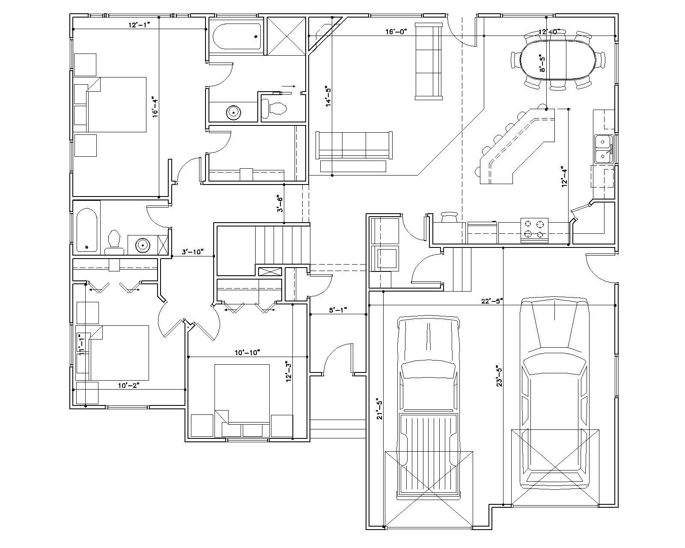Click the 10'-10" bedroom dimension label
[247, 352]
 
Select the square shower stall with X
[286, 36]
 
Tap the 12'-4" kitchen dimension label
[565, 176]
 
